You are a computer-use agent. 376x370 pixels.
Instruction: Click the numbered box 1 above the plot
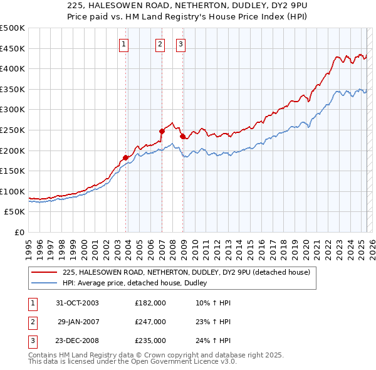coord(124,44)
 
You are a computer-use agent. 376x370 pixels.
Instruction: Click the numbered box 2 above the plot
coord(160,44)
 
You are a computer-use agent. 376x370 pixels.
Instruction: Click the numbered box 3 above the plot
coord(180,44)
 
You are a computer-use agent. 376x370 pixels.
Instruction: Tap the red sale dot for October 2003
coord(125,157)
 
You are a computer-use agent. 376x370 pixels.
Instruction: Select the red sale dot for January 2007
coord(162,131)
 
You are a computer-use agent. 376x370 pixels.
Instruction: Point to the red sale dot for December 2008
coord(182,136)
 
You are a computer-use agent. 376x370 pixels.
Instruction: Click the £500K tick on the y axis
coord(13,28)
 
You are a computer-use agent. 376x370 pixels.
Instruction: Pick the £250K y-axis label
coord(13,130)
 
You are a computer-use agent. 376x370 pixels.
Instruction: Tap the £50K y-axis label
coord(14,212)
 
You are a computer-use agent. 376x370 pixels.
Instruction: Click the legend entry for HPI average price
coord(138,283)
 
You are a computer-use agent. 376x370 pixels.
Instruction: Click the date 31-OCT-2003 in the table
coord(77,303)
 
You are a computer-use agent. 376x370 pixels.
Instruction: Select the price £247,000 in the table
coord(150,322)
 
